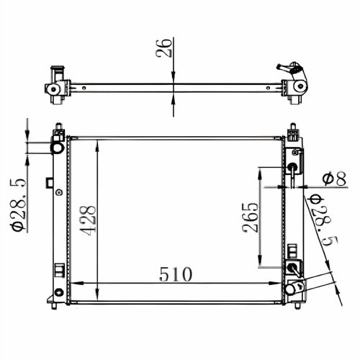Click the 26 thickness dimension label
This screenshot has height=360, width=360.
(x=164, y=48)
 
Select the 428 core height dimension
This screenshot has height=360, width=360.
(x=88, y=220)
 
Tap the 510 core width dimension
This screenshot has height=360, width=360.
(x=176, y=274)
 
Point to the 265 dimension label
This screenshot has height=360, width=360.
(x=251, y=218)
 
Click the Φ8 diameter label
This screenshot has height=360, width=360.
(x=334, y=179)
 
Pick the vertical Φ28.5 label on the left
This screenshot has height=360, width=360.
(x=17, y=204)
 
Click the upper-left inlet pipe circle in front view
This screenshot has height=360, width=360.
(x=58, y=148)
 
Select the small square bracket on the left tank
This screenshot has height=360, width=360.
(x=50, y=183)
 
